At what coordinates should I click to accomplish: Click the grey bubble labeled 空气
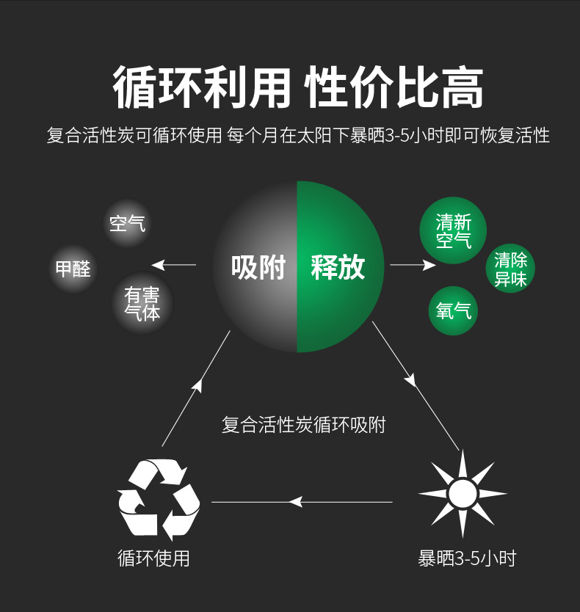[x=128, y=222]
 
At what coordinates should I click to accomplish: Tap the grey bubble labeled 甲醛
[x=73, y=269]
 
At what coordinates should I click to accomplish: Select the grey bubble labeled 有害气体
[x=142, y=303]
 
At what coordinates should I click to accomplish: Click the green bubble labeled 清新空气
[x=453, y=231]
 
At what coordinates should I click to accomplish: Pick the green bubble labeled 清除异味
[x=511, y=269]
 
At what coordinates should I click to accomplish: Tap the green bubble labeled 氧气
[x=453, y=311]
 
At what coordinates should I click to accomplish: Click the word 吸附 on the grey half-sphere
[x=258, y=267]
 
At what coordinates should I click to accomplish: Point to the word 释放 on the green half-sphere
[x=338, y=267]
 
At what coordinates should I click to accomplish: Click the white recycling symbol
[x=159, y=499]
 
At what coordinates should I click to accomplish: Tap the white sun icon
[x=463, y=494]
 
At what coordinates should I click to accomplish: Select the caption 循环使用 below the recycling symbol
[x=153, y=558]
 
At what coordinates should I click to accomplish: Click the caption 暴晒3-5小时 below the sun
[x=467, y=558]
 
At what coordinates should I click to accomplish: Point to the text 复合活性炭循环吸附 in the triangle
[x=303, y=424]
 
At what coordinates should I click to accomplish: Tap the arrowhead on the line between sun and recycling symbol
[x=295, y=502]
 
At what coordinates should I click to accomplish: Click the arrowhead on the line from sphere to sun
[x=410, y=379]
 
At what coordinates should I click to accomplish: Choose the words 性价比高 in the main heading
[x=394, y=88]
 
